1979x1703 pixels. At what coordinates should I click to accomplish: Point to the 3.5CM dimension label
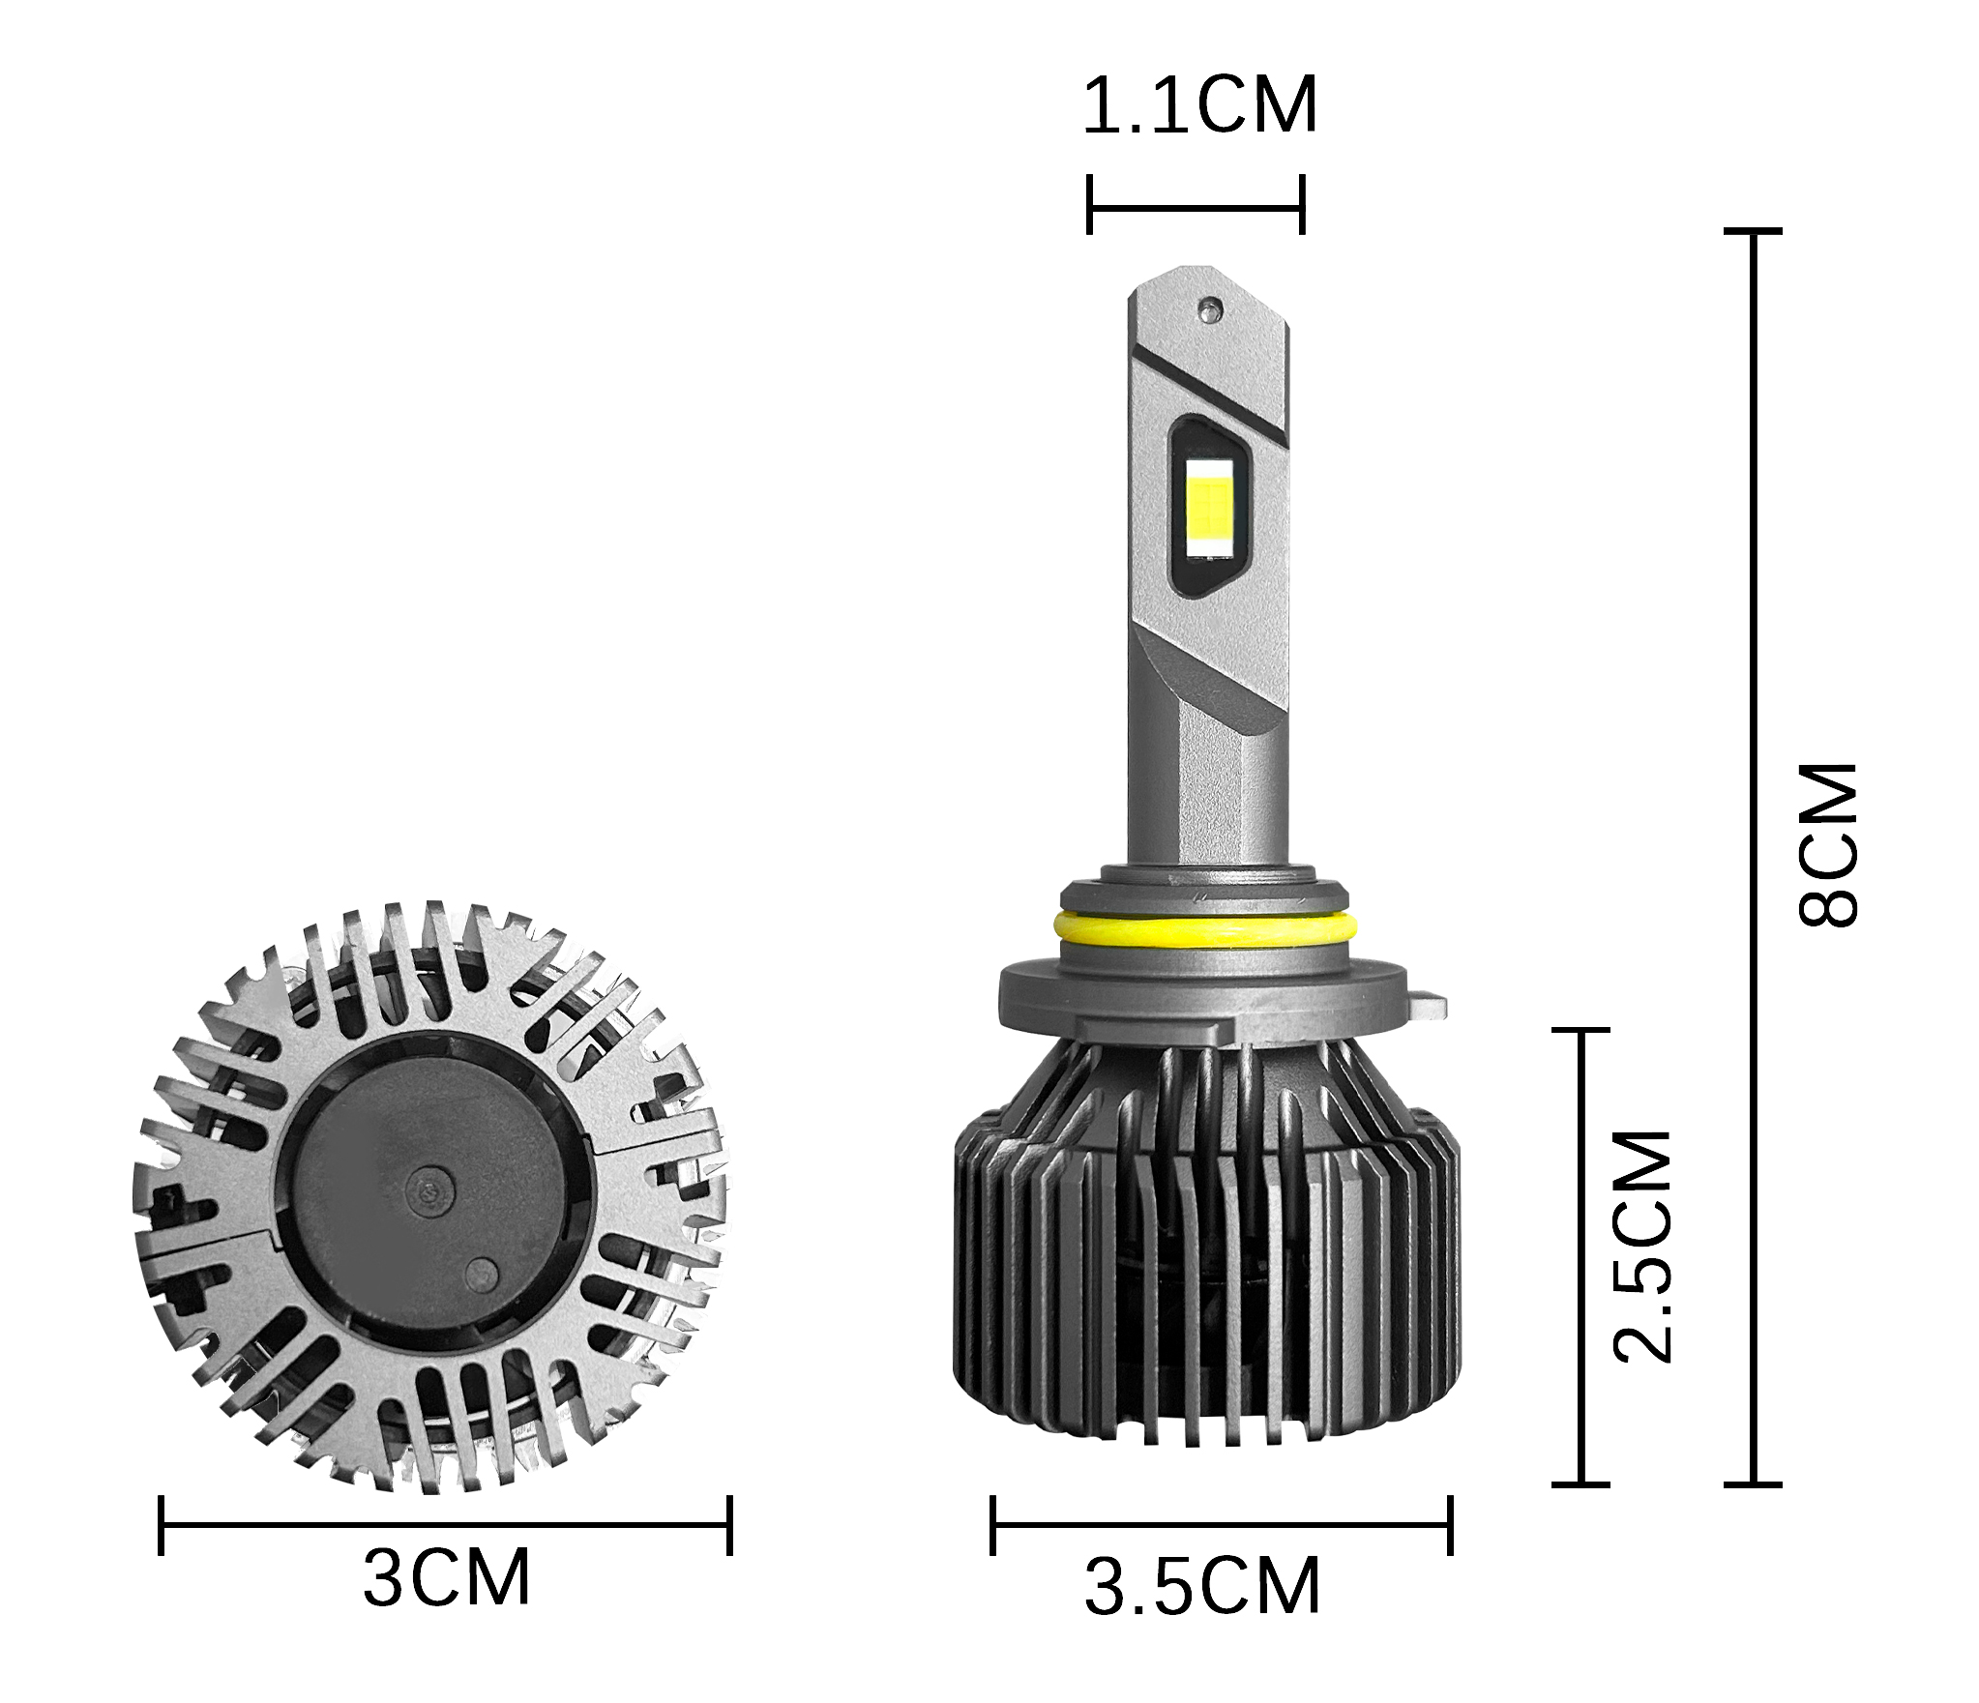[1202, 1587]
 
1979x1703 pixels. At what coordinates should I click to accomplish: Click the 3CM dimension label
[447, 1578]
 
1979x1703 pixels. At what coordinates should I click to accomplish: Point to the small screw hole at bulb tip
[1207, 308]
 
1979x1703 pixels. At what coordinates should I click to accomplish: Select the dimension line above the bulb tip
[1196, 205]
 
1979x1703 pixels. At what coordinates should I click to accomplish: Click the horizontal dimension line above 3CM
[445, 1525]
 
